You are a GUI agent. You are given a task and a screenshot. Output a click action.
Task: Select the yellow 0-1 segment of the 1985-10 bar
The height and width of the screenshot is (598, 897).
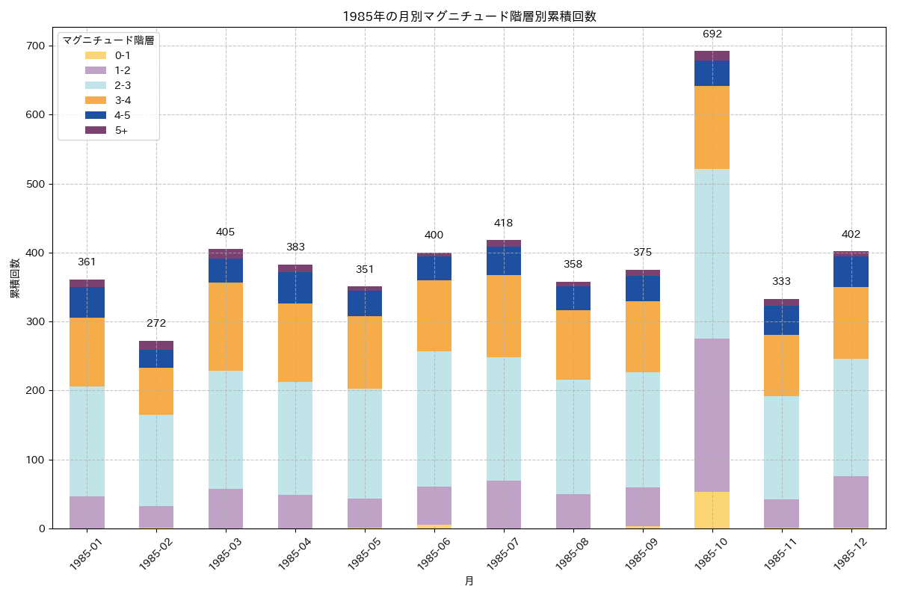(x=712, y=510)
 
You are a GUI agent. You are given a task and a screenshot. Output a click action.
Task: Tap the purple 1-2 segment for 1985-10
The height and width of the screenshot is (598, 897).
(x=712, y=415)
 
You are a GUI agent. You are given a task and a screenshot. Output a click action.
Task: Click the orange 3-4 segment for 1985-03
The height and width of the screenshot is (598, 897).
(x=226, y=327)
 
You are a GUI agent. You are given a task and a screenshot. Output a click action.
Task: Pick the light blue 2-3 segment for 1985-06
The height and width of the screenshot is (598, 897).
(x=434, y=419)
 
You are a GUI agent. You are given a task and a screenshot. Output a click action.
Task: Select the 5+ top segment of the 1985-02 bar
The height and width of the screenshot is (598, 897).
(x=156, y=345)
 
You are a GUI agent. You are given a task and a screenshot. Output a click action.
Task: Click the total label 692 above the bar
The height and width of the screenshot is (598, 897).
(x=712, y=34)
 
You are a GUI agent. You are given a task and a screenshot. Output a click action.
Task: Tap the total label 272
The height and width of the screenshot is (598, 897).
(x=156, y=324)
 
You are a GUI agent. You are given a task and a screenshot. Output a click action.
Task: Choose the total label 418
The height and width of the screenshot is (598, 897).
(x=504, y=224)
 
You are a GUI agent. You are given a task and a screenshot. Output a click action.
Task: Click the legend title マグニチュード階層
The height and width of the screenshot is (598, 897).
(x=108, y=40)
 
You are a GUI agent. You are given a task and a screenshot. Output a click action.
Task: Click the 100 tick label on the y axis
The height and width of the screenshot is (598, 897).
(x=34, y=460)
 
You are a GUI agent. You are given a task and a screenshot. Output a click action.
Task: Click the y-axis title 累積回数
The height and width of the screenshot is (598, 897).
(x=15, y=279)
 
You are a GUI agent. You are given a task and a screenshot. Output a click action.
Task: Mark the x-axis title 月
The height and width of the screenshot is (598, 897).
(x=469, y=581)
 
